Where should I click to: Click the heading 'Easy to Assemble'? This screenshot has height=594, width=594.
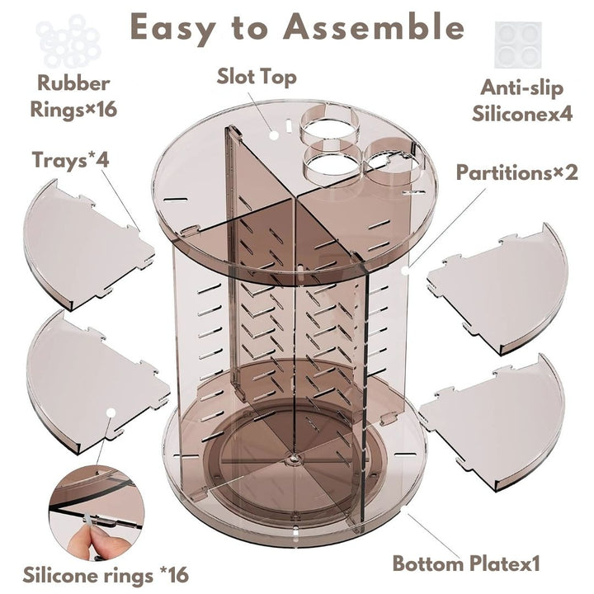click(x=297, y=27)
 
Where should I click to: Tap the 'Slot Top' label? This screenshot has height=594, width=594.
click(x=257, y=77)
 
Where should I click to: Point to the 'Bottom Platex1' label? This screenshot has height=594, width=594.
click(x=466, y=565)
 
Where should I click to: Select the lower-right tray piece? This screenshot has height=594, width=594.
click(x=499, y=417)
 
